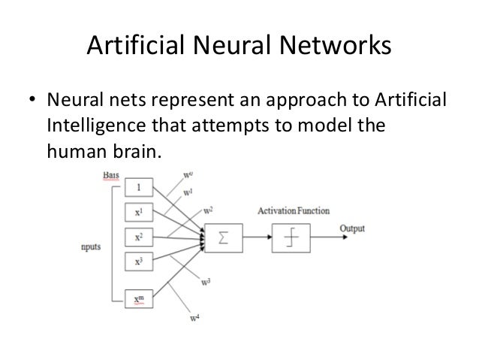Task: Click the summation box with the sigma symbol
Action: [223, 239]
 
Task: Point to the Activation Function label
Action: [293, 210]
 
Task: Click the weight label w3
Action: [206, 283]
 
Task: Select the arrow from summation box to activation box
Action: [257, 238]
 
